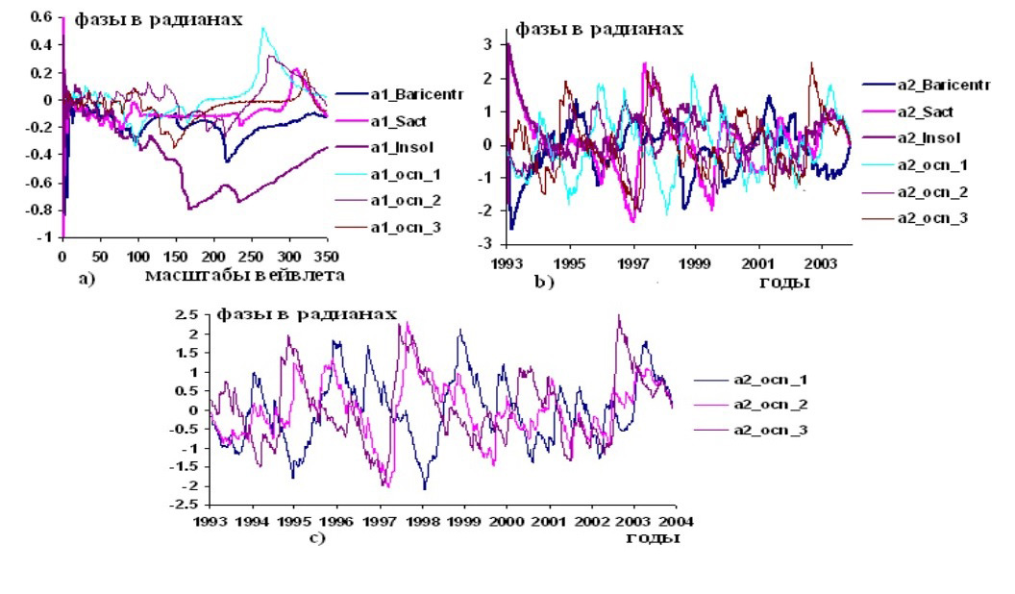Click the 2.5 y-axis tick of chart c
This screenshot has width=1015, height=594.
196,315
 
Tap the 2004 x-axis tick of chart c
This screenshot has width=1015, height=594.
674,523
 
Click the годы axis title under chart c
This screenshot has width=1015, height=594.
654,538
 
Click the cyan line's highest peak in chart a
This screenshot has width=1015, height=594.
262,28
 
